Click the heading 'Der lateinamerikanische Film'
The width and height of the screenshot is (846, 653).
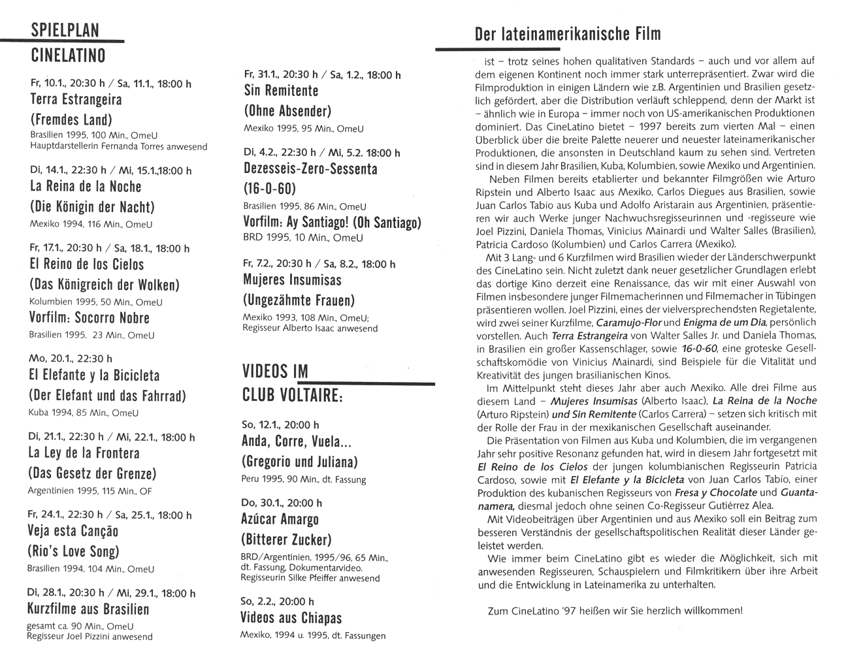tap(568, 34)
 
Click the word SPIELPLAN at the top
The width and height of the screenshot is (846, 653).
tap(65, 30)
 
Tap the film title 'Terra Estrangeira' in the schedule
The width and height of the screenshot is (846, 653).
tap(76, 100)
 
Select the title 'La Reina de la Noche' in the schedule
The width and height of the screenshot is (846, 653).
tap(86, 186)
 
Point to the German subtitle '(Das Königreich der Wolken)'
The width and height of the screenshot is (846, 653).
tap(104, 285)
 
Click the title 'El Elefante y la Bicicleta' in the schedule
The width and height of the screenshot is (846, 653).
tap(95, 375)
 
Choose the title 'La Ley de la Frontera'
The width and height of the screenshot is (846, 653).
tap(84, 453)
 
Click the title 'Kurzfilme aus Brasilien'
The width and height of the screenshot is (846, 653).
tap(88, 609)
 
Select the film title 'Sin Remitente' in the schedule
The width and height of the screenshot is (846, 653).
tap(281, 91)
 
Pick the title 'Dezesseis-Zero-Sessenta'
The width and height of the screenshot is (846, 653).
tap(311, 168)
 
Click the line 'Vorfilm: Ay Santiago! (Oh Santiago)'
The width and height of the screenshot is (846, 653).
tap(332, 223)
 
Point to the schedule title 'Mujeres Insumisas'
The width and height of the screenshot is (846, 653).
tap(293, 280)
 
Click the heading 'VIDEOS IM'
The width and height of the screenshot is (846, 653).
tap(274, 372)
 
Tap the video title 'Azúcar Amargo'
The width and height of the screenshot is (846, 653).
tap(280, 520)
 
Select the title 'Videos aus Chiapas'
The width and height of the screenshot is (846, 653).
tap(291, 618)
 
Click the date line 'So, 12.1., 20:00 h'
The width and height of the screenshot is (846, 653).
tap(280, 425)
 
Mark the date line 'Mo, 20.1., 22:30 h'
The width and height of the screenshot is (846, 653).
tap(71, 358)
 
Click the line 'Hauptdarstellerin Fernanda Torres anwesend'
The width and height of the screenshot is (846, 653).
tap(119, 146)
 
